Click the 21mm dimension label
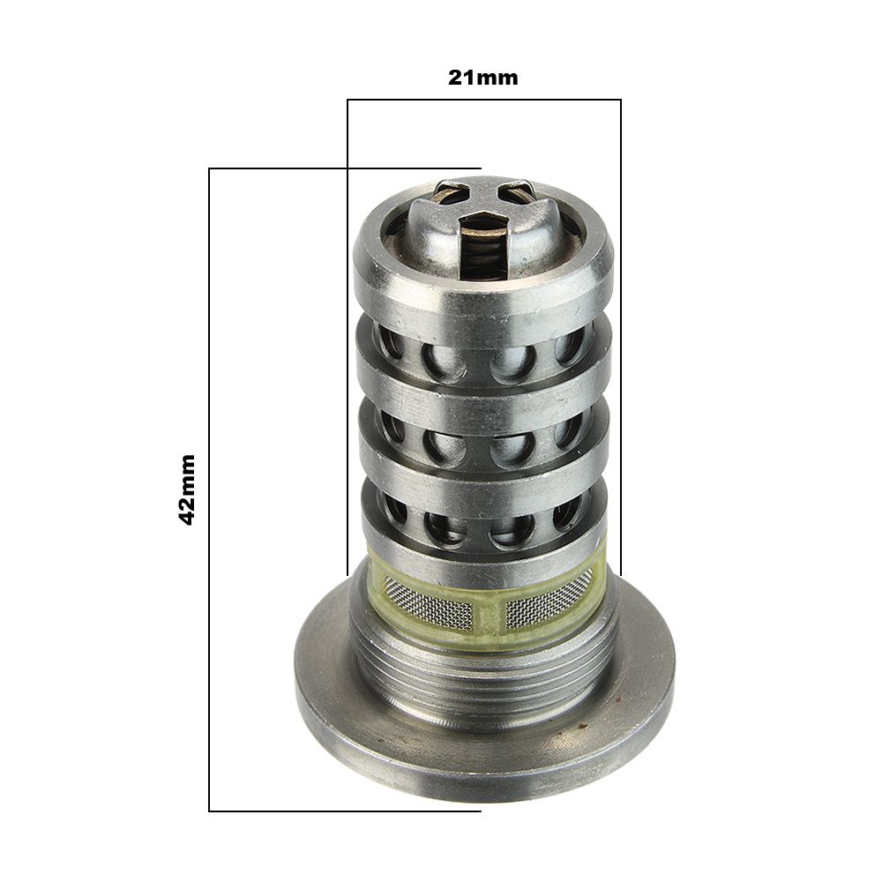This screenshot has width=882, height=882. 482,78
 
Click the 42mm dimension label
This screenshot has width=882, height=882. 186,490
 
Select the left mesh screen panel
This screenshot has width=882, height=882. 429,607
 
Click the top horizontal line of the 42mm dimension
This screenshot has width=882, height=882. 345,168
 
